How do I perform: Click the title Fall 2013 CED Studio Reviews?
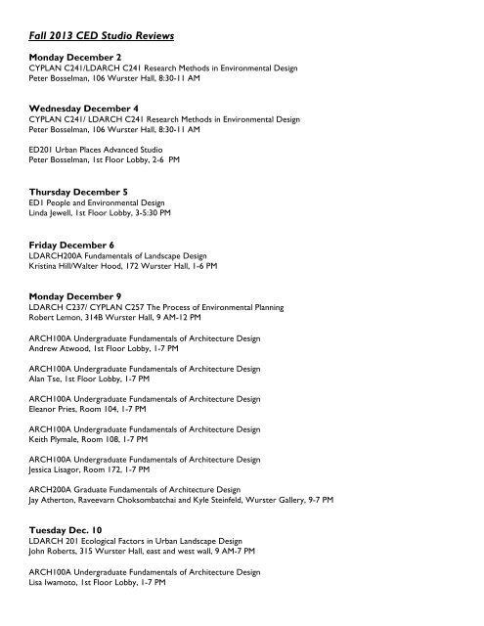click(102, 36)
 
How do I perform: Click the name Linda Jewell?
click(49, 210)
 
